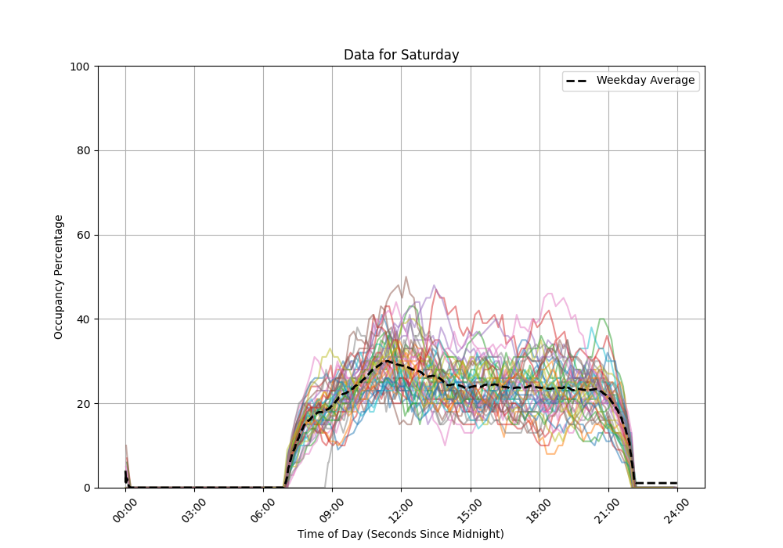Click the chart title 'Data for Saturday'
coord(401,55)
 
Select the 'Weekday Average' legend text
coord(645,81)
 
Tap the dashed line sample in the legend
coord(579,81)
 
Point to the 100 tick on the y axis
coord(81,67)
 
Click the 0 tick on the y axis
coord(87,488)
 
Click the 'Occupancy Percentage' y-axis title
coord(59,276)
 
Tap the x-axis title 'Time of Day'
coord(401,534)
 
